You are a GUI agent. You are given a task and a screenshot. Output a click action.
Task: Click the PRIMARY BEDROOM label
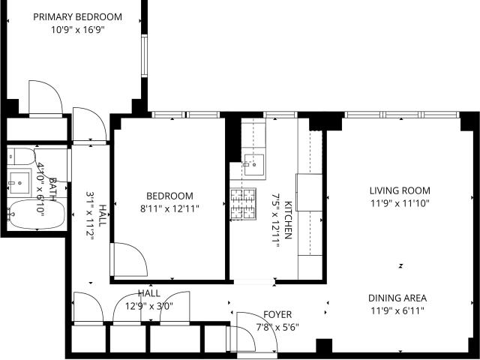click(x=77, y=16)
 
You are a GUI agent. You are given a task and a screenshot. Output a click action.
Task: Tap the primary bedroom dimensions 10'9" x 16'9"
click(x=78, y=30)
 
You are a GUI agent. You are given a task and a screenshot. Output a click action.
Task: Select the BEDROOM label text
click(x=169, y=196)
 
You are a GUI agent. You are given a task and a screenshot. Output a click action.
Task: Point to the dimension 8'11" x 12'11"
click(x=169, y=209)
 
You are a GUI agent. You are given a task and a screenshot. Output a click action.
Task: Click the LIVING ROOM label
click(x=400, y=190)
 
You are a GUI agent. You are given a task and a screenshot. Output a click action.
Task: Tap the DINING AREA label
click(x=397, y=298)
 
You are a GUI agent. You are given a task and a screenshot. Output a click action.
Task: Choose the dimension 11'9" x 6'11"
click(x=397, y=311)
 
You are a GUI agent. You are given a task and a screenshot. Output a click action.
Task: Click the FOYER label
click(x=277, y=314)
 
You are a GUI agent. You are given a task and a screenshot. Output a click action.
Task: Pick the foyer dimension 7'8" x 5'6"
click(x=277, y=328)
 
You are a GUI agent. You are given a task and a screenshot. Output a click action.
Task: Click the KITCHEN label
click(x=288, y=220)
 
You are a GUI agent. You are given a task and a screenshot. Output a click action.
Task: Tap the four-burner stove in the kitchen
click(x=243, y=204)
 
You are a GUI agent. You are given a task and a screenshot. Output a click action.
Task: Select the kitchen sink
click(x=253, y=165)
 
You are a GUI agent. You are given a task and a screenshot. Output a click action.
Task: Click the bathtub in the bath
click(x=37, y=214)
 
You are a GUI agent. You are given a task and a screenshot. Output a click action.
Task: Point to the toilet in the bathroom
click(x=22, y=156)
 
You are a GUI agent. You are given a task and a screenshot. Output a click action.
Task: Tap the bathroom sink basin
click(x=19, y=183)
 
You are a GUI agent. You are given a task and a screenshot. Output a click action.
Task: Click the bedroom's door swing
click(x=129, y=259)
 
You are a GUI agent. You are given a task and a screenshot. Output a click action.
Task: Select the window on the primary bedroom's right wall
click(x=145, y=55)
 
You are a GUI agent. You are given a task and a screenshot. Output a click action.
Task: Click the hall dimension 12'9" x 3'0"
click(x=149, y=306)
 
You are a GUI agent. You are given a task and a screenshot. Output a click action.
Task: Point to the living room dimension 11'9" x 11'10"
click(x=400, y=203)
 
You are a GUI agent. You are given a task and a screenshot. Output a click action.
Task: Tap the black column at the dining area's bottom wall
click(x=324, y=346)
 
